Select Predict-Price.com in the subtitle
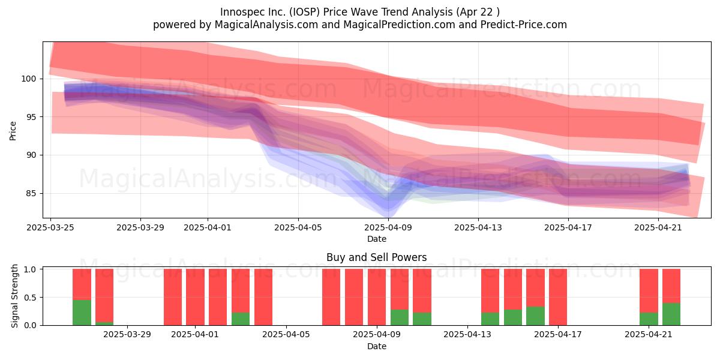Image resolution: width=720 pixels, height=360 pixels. click(524, 25)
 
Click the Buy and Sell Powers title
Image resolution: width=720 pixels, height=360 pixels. click(376, 257)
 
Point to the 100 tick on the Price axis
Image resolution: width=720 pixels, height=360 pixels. click(29, 79)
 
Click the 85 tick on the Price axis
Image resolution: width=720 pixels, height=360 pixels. click(31, 193)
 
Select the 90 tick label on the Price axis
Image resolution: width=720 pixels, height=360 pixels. click(31, 155)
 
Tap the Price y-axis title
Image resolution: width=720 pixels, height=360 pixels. click(13, 131)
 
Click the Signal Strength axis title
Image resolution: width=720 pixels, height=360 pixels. click(14, 296)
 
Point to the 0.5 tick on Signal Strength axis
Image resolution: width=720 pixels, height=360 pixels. click(30, 298)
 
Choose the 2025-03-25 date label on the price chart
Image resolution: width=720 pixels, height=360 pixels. click(50, 227)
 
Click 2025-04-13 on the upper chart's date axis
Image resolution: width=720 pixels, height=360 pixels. click(478, 227)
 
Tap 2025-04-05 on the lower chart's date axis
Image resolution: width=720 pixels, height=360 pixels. click(286, 335)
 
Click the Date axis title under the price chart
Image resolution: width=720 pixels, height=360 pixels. click(377, 239)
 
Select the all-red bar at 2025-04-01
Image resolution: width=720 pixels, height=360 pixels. click(196, 297)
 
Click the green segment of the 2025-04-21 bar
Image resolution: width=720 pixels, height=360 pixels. click(649, 319)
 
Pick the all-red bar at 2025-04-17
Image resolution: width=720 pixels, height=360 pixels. click(558, 297)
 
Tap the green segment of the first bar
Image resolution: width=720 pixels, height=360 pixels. click(82, 313)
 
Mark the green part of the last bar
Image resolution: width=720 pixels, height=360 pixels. click(671, 314)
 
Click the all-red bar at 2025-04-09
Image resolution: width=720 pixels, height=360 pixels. click(377, 297)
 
